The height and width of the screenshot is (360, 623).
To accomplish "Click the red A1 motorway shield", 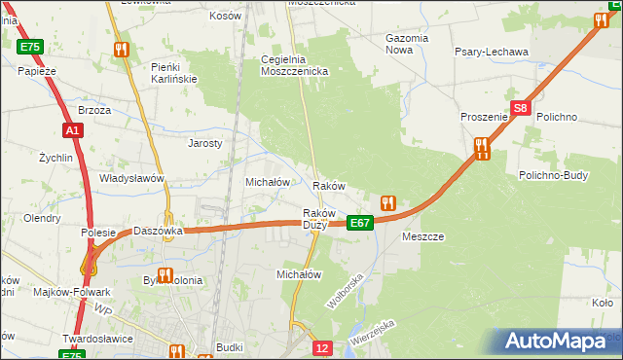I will pyautogui.click(x=73, y=129).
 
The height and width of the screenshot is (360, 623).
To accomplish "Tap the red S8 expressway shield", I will pyautogui.click(x=521, y=110).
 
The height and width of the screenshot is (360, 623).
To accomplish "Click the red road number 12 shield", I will pyautogui.click(x=323, y=347).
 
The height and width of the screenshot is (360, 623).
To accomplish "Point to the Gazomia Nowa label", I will pyautogui.click(x=407, y=44).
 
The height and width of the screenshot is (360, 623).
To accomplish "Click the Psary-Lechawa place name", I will pyautogui.click(x=491, y=52).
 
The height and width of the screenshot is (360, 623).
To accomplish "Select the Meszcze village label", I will pyautogui.click(x=422, y=236).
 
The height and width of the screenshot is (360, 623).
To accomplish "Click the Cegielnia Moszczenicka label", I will pyautogui.click(x=295, y=65).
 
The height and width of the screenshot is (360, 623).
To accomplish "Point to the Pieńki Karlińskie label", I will pyautogui.click(x=174, y=72).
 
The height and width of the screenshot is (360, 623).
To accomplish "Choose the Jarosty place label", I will pyautogui.click(x=205, y=142).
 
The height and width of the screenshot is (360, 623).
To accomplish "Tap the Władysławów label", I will pyautogui.click(x=131, y=179).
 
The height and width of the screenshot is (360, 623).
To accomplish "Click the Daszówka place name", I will pyautogui.click(x=159, y=232).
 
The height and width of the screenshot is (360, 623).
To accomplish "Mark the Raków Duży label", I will pyautogui.click(x=319, y=219).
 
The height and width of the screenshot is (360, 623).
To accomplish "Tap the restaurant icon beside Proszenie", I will pyautogui.click(x=481, y=148).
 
